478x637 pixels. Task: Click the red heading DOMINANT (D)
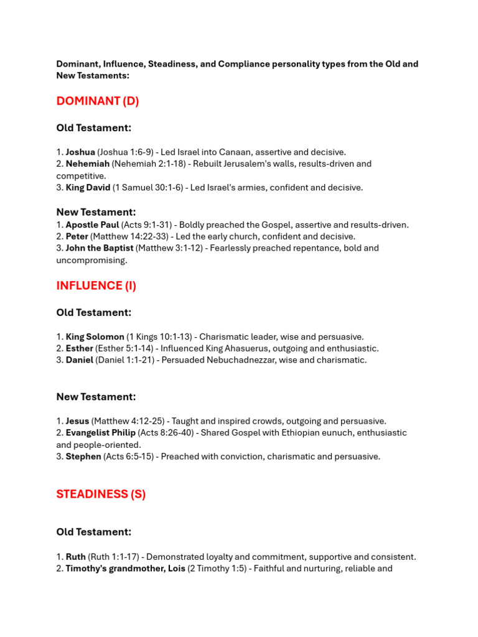98,101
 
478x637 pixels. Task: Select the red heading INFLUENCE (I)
96,286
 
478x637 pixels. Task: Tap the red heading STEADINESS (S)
101,495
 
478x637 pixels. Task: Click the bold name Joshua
80,152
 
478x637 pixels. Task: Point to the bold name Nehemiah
87,164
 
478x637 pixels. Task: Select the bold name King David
88,188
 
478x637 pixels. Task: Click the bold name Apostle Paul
92,225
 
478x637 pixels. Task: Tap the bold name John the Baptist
99,248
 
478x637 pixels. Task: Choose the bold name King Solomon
95,337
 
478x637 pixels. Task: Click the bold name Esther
79,349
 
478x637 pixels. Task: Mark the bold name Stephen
83,457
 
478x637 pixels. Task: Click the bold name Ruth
75,557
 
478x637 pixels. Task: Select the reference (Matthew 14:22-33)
132,237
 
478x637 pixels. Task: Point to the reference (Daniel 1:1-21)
127,360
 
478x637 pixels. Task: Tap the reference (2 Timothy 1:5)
217,569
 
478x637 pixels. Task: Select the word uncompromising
91,260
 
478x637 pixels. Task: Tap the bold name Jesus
77,421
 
